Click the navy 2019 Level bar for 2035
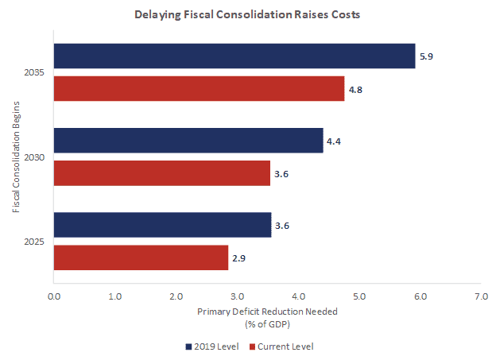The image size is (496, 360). [234, 56]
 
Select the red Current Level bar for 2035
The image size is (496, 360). [199, 88]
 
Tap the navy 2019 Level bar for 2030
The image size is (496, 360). [188, 141]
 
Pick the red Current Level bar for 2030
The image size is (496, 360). [162, 173]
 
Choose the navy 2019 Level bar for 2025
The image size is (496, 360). [162, 225]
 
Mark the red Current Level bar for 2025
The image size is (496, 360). [141, 257]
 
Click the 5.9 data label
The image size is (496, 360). [426, 57]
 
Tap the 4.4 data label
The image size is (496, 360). [334, 141]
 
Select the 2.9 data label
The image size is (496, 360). [239, 258]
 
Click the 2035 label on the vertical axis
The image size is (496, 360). [34, 73]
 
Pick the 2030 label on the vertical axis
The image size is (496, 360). [34, 157]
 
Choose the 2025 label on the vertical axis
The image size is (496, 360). [34, 242]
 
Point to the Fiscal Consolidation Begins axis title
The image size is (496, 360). [16, 157]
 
